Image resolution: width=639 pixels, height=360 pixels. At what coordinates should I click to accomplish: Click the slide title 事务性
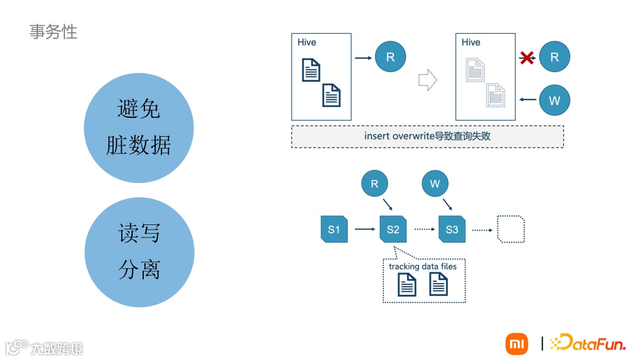(x=53, y=31)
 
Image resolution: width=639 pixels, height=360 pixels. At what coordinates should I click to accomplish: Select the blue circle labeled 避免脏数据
(x=139, y=127)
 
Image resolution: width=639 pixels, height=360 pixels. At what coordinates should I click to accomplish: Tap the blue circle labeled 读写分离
(x=139, y=252)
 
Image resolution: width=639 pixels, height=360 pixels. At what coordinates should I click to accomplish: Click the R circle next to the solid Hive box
(x=390, y=57)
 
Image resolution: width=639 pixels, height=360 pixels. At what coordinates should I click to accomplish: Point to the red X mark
(x=527, y=57)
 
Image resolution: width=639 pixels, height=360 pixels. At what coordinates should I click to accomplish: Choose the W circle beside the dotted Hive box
(x=554, y=100)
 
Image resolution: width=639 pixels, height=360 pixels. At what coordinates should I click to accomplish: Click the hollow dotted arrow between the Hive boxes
(x=427, y=80)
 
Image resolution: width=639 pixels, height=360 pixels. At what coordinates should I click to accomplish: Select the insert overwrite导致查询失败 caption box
(x=427, y=136)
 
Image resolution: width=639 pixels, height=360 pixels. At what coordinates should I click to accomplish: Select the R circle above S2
(x=375, y=184)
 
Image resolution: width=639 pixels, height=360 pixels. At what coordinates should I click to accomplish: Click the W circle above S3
(x=435, y=184)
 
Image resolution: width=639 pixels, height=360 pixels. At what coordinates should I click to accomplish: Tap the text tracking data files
(x=422, y=266)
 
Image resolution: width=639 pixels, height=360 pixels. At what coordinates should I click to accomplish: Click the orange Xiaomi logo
(x=517, y=343)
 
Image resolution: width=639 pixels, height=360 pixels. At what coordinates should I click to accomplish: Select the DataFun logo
(x=588, y=343)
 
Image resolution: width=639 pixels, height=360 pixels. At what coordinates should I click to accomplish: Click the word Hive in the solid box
(x=307, y=43)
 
